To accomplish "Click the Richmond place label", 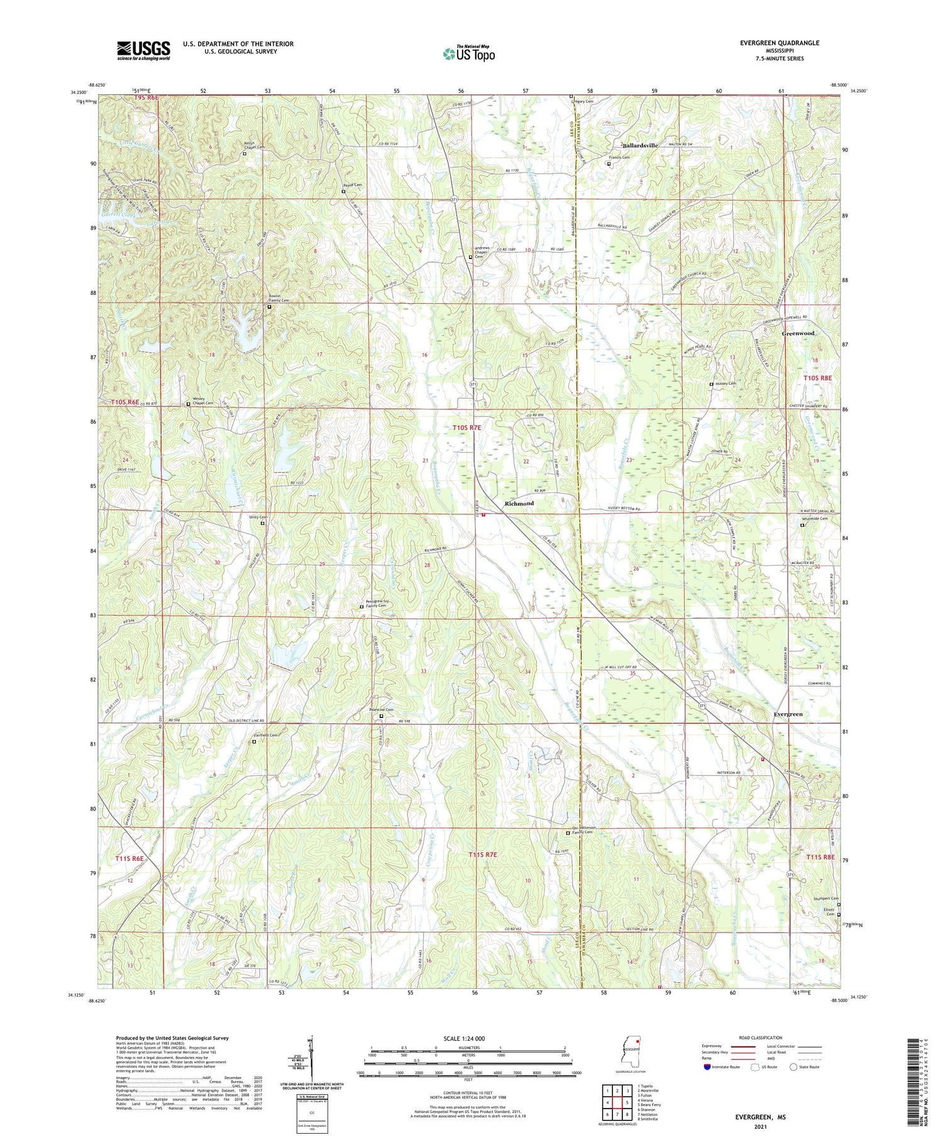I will (x=519, y=504).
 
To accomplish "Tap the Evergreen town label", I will (x=788, y=714).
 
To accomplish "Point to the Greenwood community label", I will (x=798, y=333).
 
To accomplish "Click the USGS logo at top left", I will (x=143, y=50).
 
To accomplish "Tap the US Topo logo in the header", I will (x=468, y=54).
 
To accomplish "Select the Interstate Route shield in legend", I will (x=707, y=1067).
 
